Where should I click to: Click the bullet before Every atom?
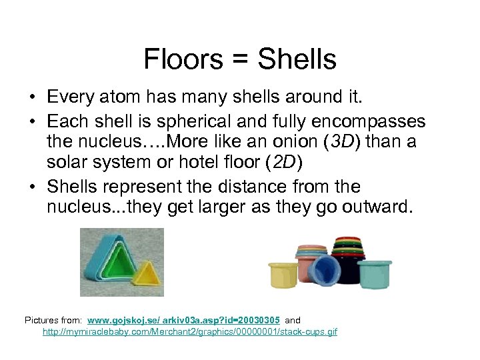(x=33, y=98)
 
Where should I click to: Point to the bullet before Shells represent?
(x=33, y=187)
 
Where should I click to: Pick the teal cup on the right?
(x=374, y=273)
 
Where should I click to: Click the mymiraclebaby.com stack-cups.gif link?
(x=190, y=331)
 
